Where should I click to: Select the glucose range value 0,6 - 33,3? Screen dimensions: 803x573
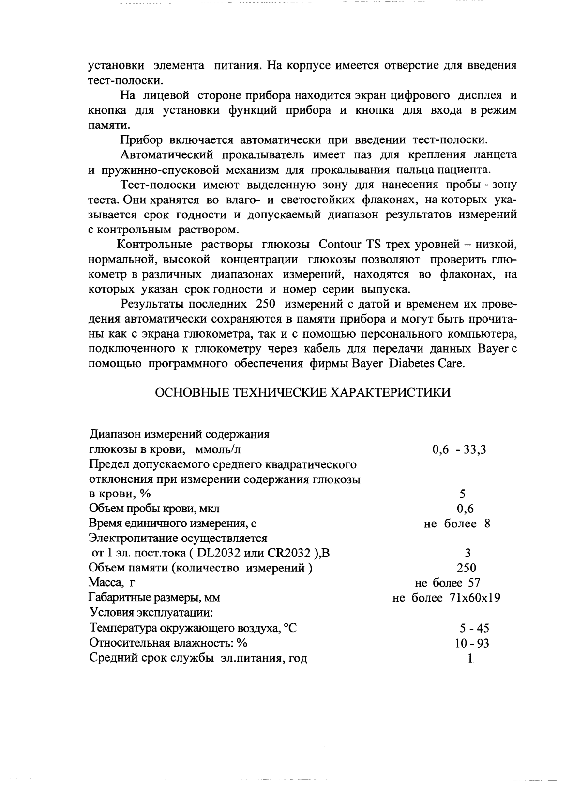[459, 449]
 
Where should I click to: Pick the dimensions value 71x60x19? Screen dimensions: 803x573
[474, 597]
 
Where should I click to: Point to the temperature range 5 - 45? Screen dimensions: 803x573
[474, 628]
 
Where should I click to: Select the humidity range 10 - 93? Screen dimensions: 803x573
[468, 643]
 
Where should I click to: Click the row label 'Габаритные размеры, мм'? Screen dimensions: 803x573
[155, 598]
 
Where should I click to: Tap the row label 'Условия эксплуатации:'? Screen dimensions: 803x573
[151, 612]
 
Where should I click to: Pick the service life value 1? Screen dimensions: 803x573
[470, 658]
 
